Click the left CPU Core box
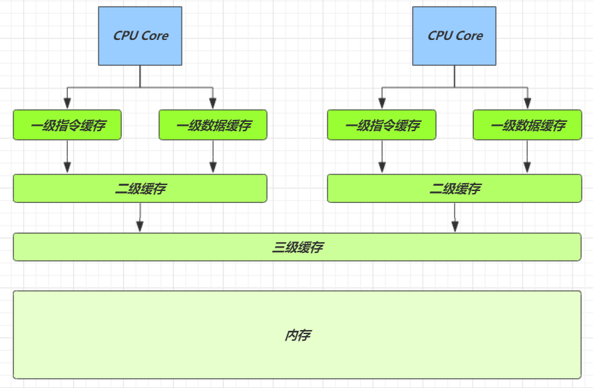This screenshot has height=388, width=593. pyautogui.click(x=140, y=36)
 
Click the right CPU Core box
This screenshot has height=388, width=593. pyautogui.click(x=455, y=36)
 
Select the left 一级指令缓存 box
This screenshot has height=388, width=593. pyautogui.click(x=67, y=125)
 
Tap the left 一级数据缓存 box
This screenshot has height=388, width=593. pyautogui.click(x=213, y=125)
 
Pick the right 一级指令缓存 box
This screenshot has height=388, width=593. pyautogui.click(x=382, y=125)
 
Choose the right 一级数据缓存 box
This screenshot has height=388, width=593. pyautogui.click(x=527, y=125)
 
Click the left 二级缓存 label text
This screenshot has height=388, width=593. pyautogui.click(x=140, y=189)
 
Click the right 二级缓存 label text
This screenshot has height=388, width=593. pyautogui.click(x=455, y=189)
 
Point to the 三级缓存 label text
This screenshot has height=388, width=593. pyautogui.click(x=297, y=248)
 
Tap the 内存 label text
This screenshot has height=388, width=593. pyautogui.click(x=297, y=335)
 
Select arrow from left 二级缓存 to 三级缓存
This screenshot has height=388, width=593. pyautogui.click(x=140, y=217)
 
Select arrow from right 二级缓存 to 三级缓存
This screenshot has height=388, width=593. pyautogui.click(x=455, y=217)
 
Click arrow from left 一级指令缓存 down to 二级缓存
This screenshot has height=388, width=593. pyautogui.click(x=67, y=157)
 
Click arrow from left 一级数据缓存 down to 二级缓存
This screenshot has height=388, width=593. pyautogui.click(x=213, y=157)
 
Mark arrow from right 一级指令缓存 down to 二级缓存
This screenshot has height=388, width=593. pyautogui.click(x=382, y=157)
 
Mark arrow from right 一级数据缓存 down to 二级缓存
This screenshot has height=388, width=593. pyautogui.click(x=527, y=157)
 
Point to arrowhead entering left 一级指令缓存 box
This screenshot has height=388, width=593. pyautogui.click(x=67, y=104)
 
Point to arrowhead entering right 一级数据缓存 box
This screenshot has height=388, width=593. pyautogui.click(x=527, y=104)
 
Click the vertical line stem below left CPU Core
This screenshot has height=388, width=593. pyautogui.click(x=140, y=76)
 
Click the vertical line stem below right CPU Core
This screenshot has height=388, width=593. pyautogui.click(x=455, y=76)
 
